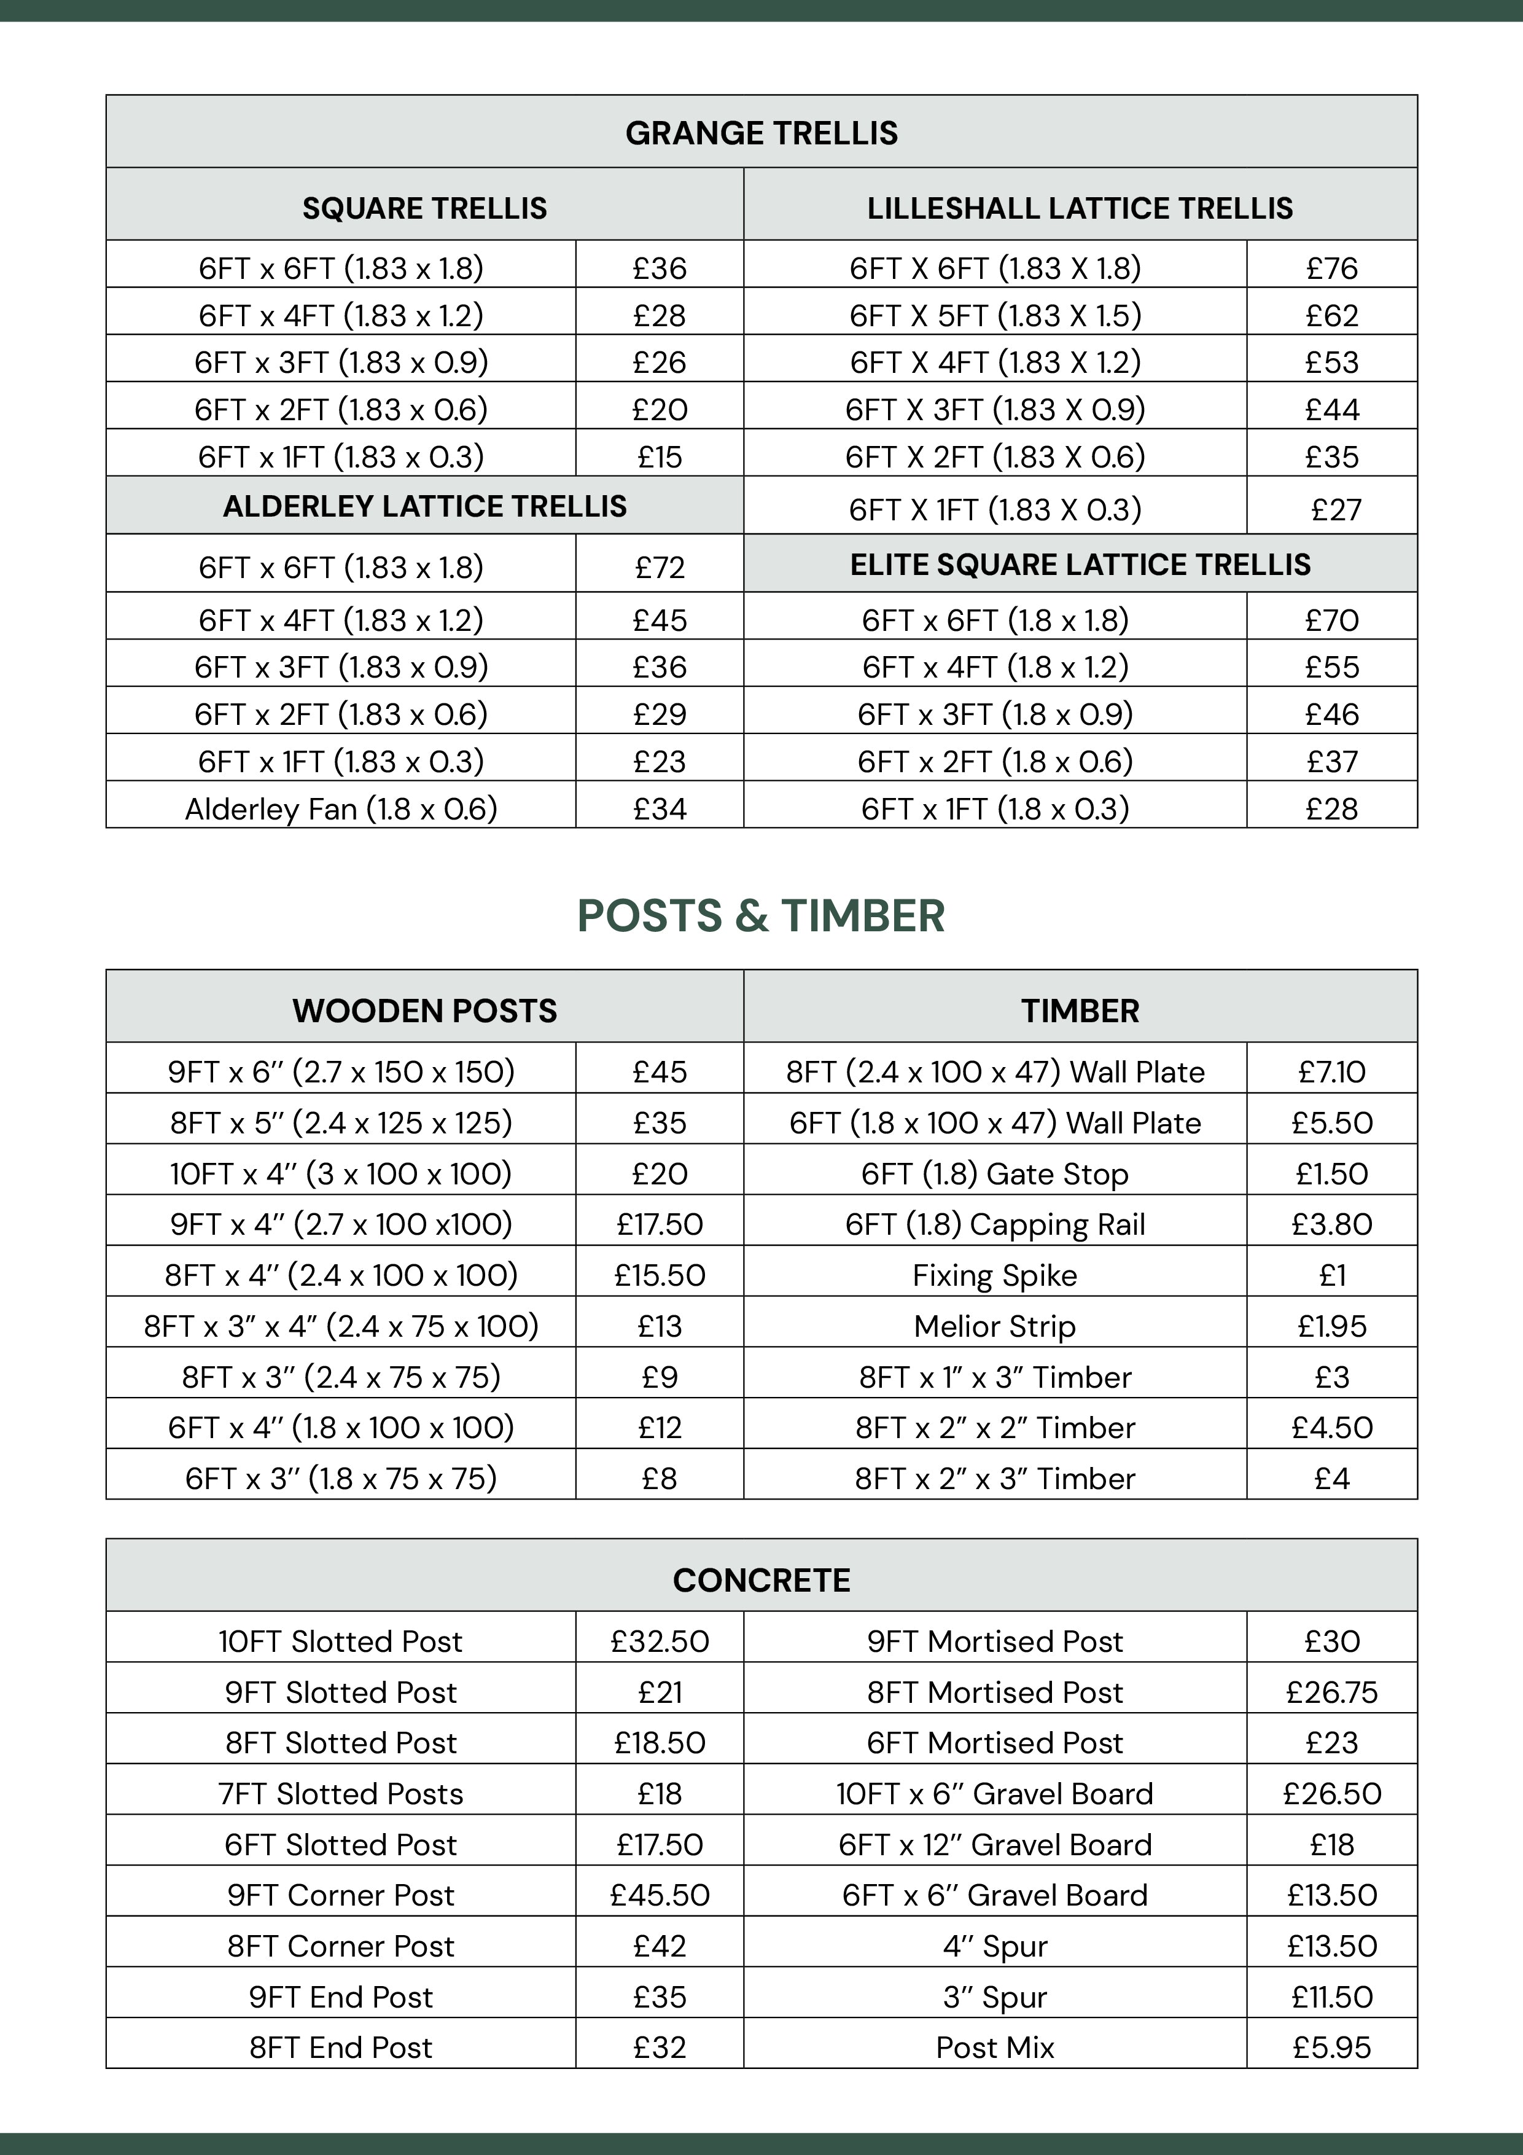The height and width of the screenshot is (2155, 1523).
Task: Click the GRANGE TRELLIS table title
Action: pyautogui.click(x=761, y=133)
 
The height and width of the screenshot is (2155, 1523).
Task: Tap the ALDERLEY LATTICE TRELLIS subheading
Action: pyautogui.click(x=424, y=506)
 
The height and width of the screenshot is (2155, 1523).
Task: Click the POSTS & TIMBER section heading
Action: pyautogui.click(x=760, y=915)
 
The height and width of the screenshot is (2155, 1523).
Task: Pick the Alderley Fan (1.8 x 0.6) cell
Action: pyautogui.click(x=341, y=808)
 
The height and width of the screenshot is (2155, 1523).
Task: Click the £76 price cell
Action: pyautogui.click(x=1331, y=268)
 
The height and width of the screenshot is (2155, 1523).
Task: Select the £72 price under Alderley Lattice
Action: pyautogui.click(x=660, y=567)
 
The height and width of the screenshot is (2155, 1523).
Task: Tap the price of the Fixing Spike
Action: pyautogui.click(x=1331, y=1275)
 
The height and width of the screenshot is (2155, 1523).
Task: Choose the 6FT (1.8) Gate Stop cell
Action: pyautogui.click(x=995, y=1173)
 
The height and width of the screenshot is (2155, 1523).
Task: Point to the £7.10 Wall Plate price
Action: pyautogui.click(x=1331, y=1072)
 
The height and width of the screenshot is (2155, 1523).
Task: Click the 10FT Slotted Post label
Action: pyautogui.click(x=341, y=1641)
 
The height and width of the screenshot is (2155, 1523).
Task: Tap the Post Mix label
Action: pyautogui.click(x=995, y=2047)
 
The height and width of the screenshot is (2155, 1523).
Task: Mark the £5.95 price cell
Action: pyautogui.click(x=1331, y=2047)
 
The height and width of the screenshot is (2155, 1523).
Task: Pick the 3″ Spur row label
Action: pyautogui.click(x=995, y=1997)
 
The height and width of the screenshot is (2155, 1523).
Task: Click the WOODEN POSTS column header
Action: pyautogui.click(x=424, y=1011)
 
